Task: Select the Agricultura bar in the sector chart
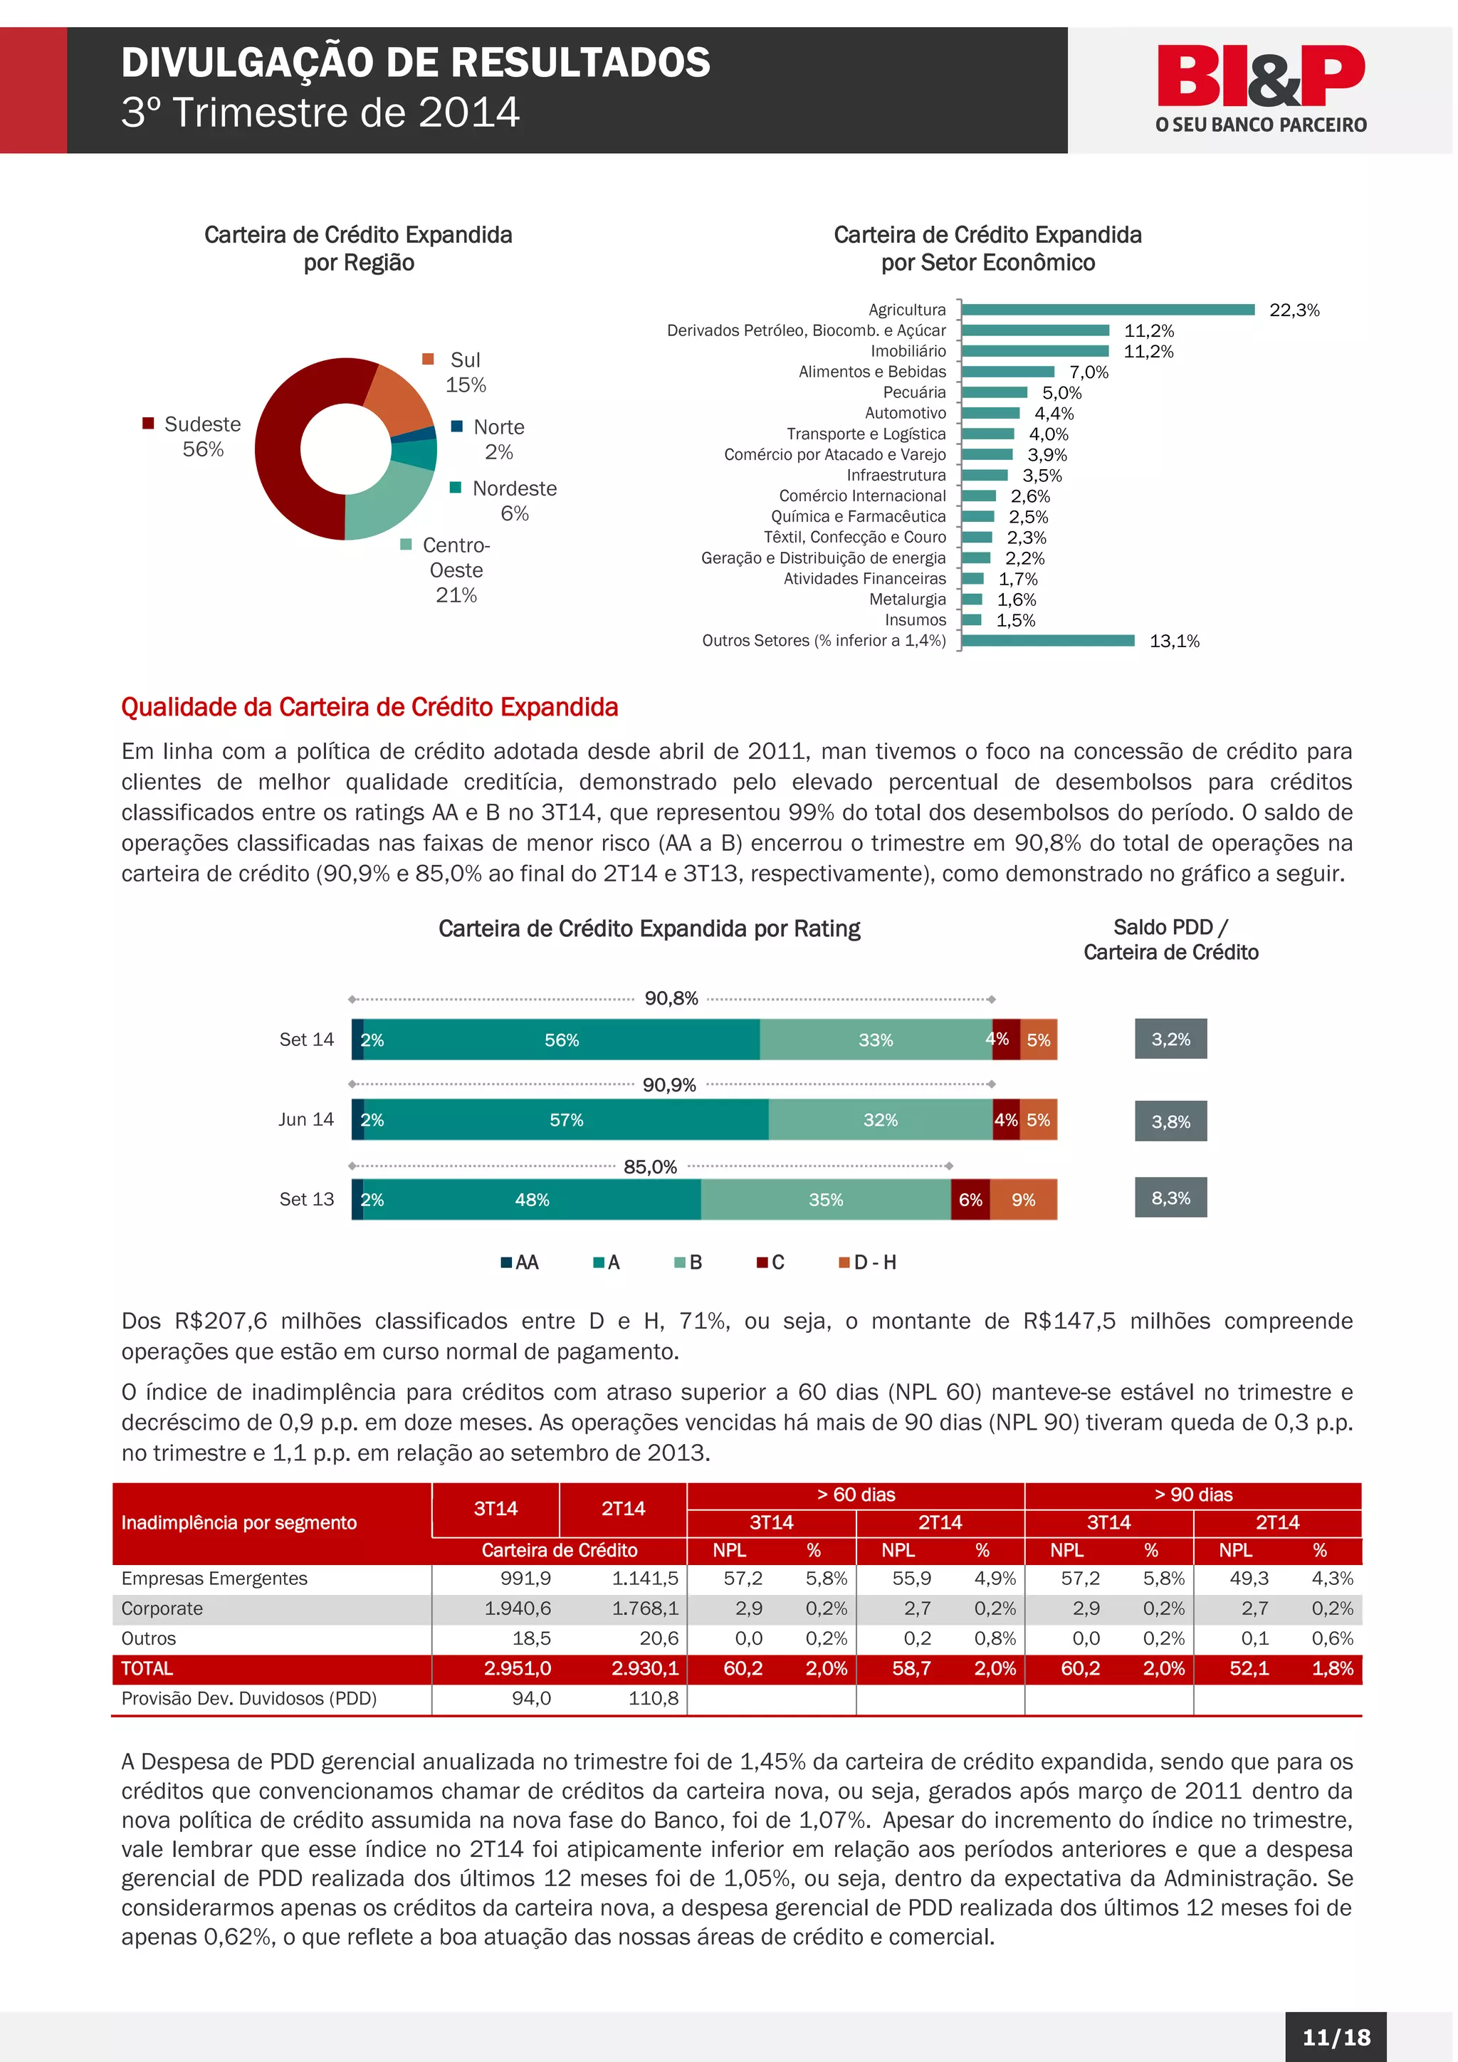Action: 1107,310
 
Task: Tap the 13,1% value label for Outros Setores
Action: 1173,642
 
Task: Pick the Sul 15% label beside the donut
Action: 464,372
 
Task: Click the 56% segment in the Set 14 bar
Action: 561,1040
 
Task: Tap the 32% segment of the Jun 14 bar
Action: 880,1120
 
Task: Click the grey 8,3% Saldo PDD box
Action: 1170,1198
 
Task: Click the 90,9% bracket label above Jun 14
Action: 669,1085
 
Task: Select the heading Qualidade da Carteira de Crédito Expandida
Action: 369,708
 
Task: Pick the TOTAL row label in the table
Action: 147,1669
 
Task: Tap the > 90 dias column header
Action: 1192,1495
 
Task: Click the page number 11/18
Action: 1336,2037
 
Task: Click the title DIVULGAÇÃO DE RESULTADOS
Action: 416,63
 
